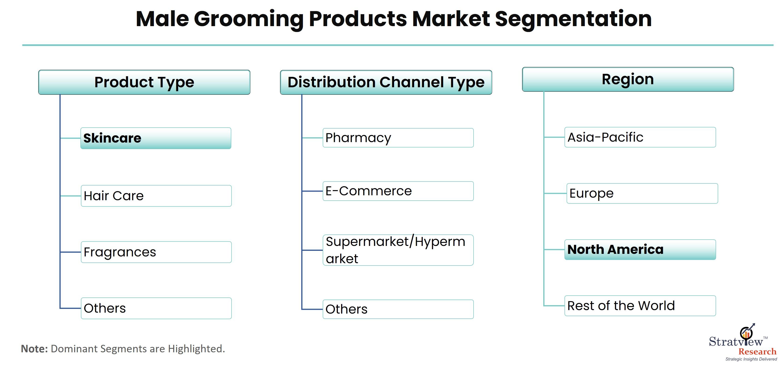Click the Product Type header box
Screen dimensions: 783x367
pos(144,82)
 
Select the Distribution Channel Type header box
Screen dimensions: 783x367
pos(386,82)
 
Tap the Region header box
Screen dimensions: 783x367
pos(628,79)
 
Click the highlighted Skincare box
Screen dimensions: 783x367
pos(156,138)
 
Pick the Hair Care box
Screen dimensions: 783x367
pos(156,196)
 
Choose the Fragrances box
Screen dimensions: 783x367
pos(156,252)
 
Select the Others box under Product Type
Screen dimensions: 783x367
pos(156,308)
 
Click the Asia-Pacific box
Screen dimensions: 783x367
pos(640,137)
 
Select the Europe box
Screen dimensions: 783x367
pos(642,193)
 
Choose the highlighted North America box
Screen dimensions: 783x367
pos(640,250)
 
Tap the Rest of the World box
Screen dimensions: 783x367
pos(640,306)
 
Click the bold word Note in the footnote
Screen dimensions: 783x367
pos(34,349)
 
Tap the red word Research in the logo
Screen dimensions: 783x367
pos(757,352)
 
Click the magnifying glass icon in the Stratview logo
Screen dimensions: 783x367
pos(746,333)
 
